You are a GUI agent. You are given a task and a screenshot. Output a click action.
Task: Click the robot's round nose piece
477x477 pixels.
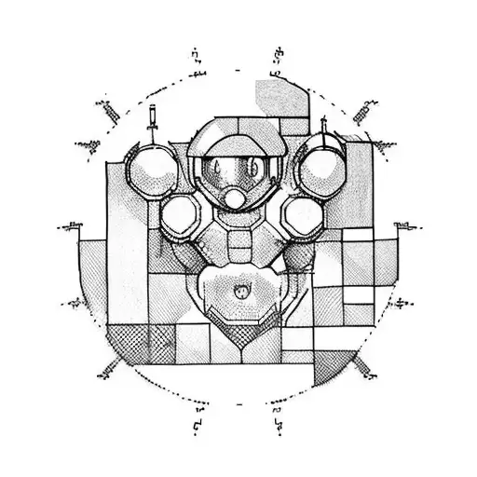tap(238, 198)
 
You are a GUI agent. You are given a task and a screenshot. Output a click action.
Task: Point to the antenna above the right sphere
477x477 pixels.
tap(323, 124)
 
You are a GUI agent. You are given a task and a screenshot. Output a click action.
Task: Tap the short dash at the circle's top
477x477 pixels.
tap(238, 70)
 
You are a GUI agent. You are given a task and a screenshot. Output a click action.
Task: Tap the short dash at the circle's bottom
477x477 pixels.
tap(238, 406)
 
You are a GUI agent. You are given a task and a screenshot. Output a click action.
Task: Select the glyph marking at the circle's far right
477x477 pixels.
tap(404, 226)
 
